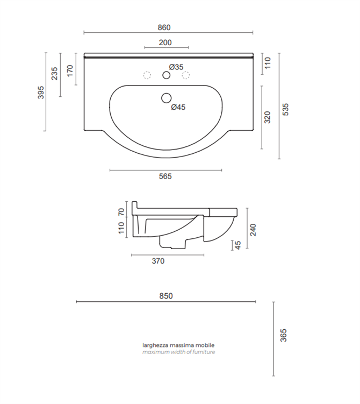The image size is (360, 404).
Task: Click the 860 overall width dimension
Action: pos(164,27)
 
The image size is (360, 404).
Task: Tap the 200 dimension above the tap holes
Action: pos(165,42)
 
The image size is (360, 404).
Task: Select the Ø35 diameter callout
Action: pos(176,67)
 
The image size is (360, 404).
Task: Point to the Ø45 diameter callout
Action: pos(178,107)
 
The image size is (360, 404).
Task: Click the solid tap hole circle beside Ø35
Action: pos(166,75)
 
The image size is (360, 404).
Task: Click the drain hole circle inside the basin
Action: pos(167,98)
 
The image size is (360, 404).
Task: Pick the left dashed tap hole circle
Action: pos(147,75)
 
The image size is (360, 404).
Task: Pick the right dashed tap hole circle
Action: pos(186,75)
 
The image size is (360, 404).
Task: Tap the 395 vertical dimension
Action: pos(41,92)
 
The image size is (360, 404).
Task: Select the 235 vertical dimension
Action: pos(55,74)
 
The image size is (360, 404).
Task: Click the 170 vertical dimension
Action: pos(70,70)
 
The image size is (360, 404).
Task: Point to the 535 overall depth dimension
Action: pos(286,110)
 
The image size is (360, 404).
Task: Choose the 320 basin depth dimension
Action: pos(268,117)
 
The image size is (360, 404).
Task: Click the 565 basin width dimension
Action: pos(165,176)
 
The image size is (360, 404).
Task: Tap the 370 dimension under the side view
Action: pos(158,261)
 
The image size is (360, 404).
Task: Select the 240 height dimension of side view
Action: pos(253,230)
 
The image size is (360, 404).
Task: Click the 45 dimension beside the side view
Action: pos(238,245)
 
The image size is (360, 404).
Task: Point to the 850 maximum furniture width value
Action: pos(166,296)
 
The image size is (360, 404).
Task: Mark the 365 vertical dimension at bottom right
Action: pos(283,335)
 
